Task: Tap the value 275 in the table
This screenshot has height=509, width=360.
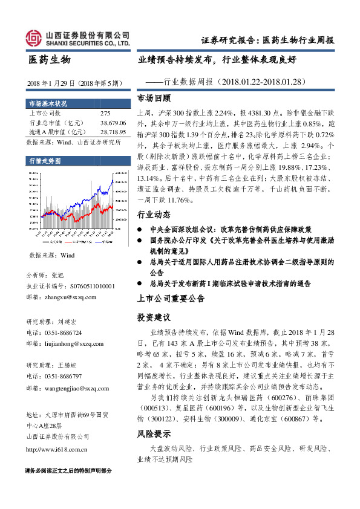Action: click(x=105, y=113)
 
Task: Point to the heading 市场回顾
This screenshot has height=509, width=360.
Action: click(x=154, y=98)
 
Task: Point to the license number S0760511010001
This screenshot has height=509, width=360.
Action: click(x=87, y=286)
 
